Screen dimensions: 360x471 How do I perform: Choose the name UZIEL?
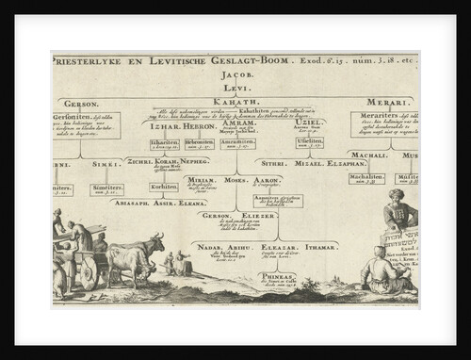tap(310, 123)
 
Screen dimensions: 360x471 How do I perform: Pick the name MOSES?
tap(235, 179)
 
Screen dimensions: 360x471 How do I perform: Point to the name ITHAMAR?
tap(321, 246)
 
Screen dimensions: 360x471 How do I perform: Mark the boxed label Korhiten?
tap(164, 187)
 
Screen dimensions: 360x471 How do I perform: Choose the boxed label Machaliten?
tap(365, 177)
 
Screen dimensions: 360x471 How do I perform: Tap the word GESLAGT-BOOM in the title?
tap(216, 58)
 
